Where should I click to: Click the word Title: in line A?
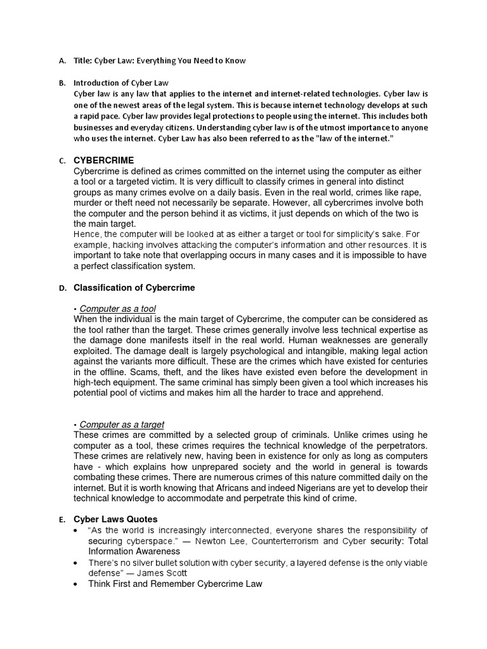(83, 61)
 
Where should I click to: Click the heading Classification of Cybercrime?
(134, 288)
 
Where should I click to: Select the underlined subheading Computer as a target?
(122, 425)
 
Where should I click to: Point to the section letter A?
(62, 61)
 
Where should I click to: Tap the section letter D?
(62, 288)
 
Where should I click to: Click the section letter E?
(62, 520)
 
